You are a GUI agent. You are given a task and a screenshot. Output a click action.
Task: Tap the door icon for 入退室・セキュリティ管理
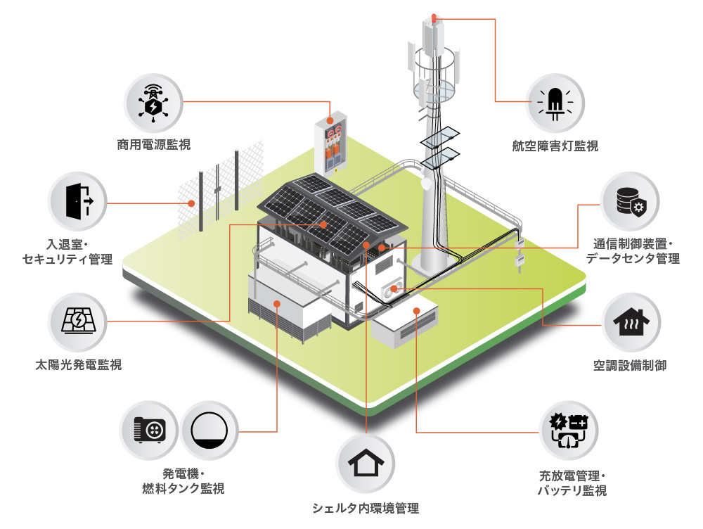77,202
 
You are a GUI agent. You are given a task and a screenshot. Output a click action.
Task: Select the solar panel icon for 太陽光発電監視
77,321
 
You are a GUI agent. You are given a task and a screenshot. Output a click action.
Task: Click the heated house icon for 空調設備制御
631,322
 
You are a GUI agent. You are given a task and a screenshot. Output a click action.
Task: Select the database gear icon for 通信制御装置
631,201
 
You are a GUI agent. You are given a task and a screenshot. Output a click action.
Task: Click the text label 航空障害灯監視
555,146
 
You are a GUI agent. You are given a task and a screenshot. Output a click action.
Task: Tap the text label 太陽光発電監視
78,364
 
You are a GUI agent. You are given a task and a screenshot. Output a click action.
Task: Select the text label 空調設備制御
630,365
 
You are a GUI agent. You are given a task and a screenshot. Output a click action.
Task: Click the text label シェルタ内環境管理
366,508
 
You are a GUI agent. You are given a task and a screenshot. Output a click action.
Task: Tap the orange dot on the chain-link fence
191,204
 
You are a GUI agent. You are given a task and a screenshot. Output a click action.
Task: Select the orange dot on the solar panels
323,224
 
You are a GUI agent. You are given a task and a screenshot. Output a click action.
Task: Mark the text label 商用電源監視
153,146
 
